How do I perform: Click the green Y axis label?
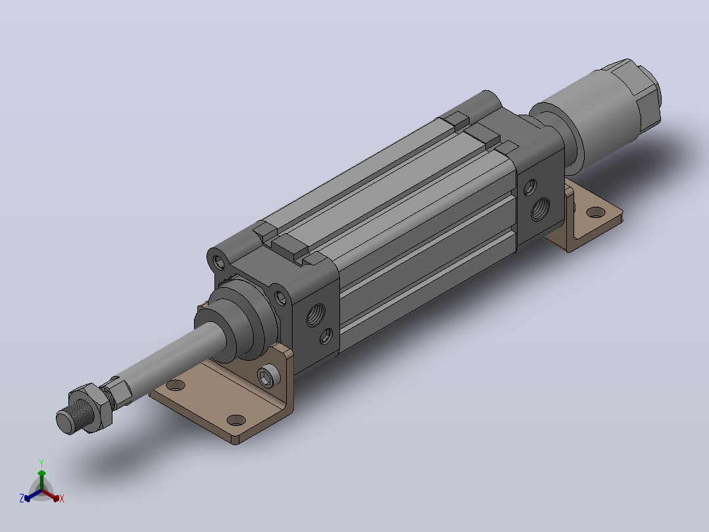point(41,463)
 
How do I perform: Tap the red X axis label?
point(62,498)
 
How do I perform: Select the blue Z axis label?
point(22,498)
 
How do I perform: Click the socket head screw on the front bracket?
point(267,375)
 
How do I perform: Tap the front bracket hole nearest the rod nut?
point(176,386)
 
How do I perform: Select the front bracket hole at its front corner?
point(235,420)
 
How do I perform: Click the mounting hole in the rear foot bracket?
point(596,211)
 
